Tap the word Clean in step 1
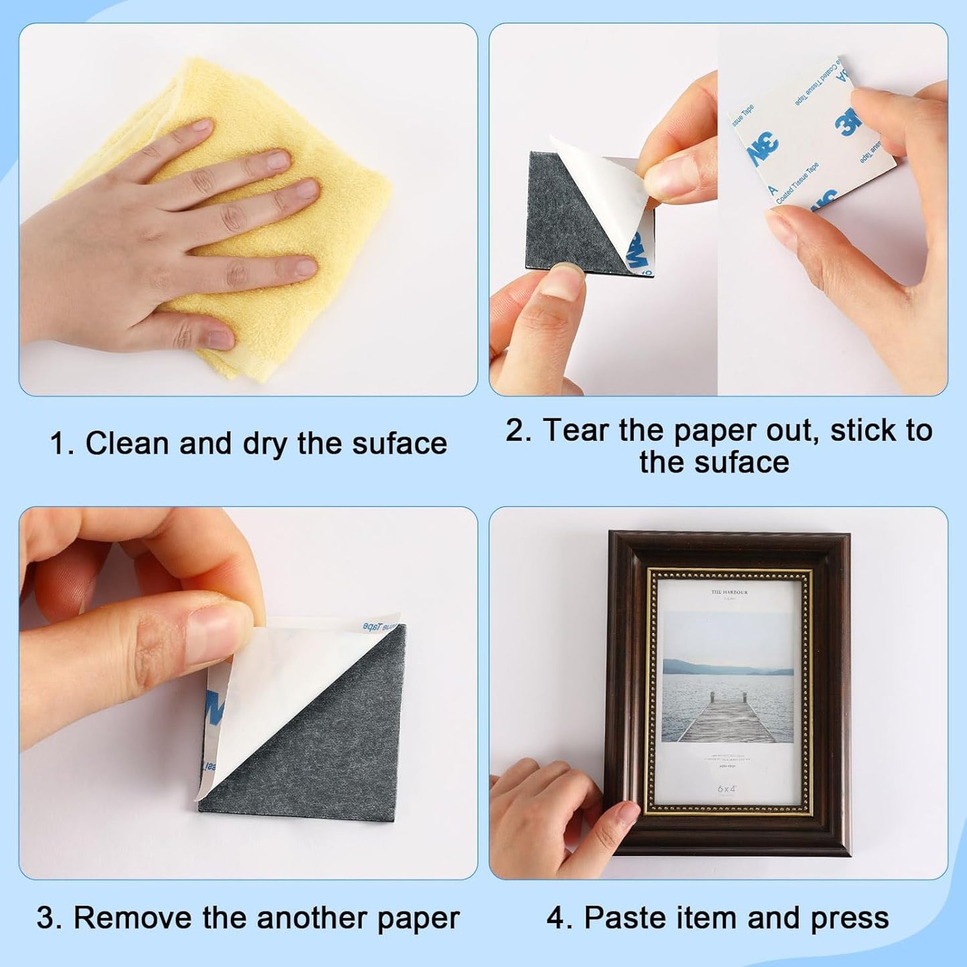tap(126, 444)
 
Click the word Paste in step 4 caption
tap(623, 918)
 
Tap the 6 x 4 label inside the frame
tap(727, 789)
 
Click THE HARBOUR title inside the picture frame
tap(729, 592)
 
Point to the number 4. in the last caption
tap(559, 918)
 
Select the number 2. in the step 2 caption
tap(518, 430)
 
